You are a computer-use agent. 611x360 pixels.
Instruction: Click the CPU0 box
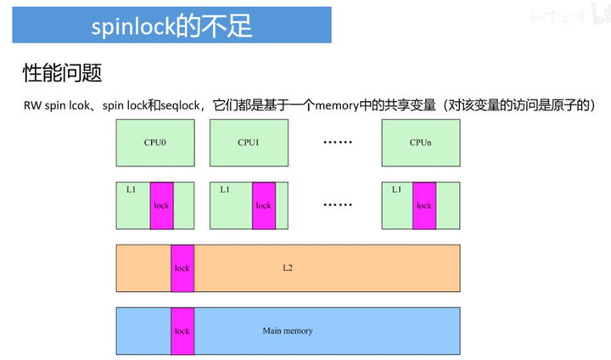pos(155,143)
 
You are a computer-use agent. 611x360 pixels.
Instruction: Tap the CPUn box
pos(421,143)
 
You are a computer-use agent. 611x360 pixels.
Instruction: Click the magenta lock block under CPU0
pos(161,205)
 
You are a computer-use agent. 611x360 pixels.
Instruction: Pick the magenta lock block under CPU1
pos(263,205)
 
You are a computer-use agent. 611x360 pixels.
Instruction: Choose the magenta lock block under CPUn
pos(423,205)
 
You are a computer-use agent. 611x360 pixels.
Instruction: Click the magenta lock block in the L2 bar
pos(182,268)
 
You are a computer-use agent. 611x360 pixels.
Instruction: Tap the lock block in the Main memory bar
pos(182,330)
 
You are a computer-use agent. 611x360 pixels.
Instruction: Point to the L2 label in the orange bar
pos(288,268)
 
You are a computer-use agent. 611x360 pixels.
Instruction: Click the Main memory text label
pos(288,330)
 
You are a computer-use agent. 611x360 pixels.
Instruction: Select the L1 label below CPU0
pos(131,189)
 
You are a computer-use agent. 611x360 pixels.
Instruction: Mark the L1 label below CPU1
pos(224,189)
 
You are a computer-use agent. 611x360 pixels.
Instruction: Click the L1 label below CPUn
pos(396,189)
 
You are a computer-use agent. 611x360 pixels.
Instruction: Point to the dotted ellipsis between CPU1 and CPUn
pos(337,143)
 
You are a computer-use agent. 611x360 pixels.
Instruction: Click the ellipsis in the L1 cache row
pos(337,205)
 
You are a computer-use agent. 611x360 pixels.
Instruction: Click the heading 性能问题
pos(62,73)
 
